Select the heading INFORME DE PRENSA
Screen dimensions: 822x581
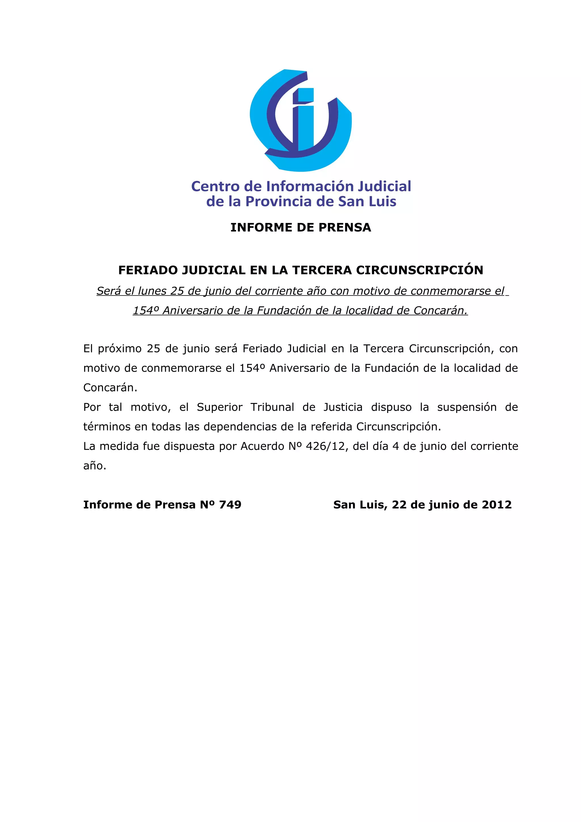tap(301, 227)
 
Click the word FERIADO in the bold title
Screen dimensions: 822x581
tap(148, 270)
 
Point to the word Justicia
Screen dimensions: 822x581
tap(343, 407)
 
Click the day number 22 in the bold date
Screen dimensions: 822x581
tap(399, 505)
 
